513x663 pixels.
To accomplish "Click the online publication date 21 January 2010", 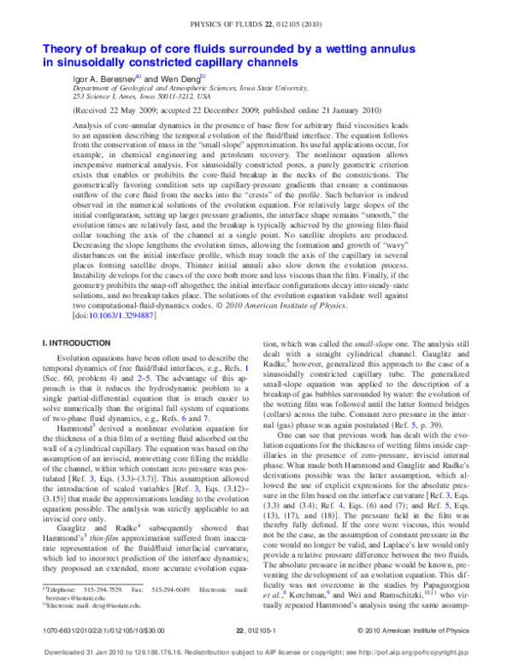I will (345, 110).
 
